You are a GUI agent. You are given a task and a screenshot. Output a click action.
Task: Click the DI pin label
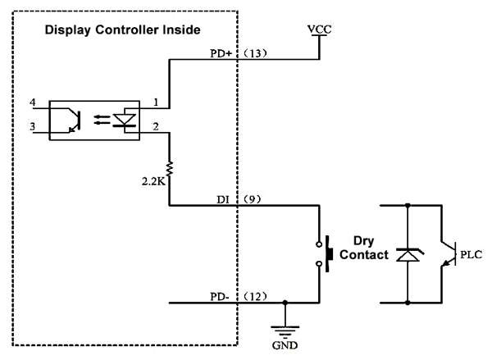click(223, 199)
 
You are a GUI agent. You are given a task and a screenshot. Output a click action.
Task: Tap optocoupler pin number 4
click(33, 103)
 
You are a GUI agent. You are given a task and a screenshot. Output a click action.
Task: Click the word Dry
click(364, 241)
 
